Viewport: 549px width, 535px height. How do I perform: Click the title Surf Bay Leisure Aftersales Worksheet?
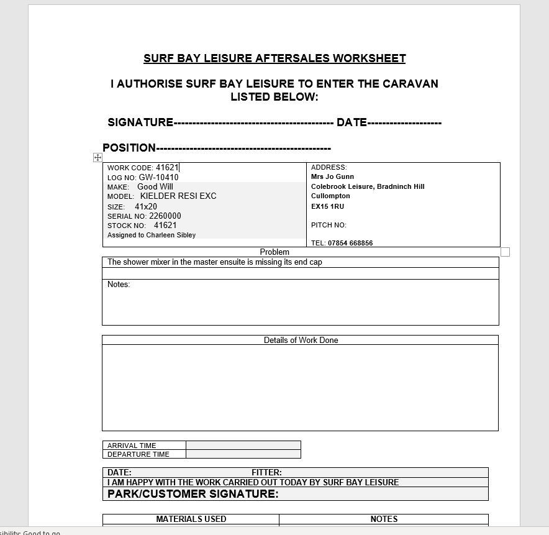274,58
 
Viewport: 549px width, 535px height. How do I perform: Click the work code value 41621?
166,168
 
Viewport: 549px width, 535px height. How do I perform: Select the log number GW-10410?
158,178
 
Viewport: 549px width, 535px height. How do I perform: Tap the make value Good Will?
155,187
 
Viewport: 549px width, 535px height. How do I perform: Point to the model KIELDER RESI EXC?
178,196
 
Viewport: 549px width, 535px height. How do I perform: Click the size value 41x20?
146,207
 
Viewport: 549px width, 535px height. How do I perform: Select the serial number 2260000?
165,216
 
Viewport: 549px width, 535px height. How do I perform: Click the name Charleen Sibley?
171,235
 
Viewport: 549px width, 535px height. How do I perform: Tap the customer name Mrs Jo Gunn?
332,176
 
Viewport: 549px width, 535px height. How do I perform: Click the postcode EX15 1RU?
327,206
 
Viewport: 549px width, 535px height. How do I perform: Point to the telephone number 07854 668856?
350,243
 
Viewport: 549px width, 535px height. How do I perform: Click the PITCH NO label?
329,225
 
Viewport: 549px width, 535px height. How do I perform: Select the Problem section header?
274,252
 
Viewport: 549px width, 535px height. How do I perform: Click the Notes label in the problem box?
119,285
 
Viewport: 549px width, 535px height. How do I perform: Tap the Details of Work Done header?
301,341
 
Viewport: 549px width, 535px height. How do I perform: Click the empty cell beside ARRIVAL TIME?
243,446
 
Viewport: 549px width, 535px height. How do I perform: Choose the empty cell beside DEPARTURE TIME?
243,454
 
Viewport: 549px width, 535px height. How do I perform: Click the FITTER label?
266,472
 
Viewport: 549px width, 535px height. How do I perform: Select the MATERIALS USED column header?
191,519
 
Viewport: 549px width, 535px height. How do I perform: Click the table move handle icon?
98,158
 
